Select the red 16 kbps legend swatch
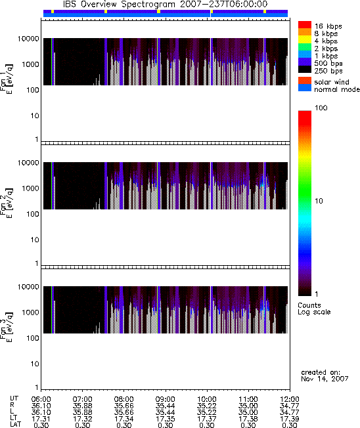tap(305, 24)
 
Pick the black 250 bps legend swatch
tap(305, 70)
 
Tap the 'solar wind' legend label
tap(332, 82)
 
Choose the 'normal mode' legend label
tap(337, 89)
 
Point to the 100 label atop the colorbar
tap(321, 108)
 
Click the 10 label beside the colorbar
tap(319, 201)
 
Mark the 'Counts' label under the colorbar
tap(309, 305)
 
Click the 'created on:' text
tap(321, 372)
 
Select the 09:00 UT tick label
tap(165, 399)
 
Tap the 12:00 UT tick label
tap(290, 399)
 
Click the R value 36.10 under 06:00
tap(41, 406)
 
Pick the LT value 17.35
tap(165, 419)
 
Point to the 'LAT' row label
tap(15, 425)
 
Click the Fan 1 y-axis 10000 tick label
tap(28, 39)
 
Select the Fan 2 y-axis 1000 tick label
tap(30, 188)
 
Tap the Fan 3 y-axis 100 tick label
tap(33, 338)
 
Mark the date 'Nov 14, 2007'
tap(325, 379)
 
